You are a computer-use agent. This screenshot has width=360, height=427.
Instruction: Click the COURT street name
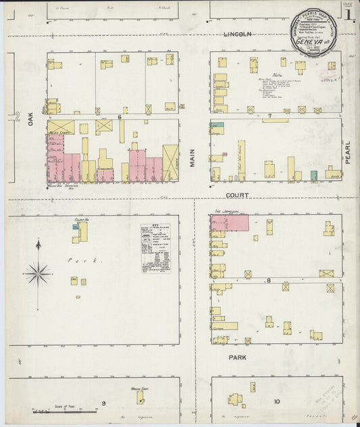click(x=237, y=195)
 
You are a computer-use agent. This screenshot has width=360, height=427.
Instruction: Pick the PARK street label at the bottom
click(x=237, y=356)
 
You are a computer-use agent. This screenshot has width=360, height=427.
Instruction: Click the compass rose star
click(x=38, y=274)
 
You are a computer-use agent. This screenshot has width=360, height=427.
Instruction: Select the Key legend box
click(x=155, y=248)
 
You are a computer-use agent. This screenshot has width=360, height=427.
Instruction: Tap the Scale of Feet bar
click(x=51, y=409)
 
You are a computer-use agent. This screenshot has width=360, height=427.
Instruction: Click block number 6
click(x=119, y=116)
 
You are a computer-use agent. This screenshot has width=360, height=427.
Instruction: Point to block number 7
click(x=269, y=116)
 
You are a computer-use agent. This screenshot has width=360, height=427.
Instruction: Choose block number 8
click(x=268, y=280)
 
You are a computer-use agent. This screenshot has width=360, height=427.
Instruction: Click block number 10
click(x=276, y=401)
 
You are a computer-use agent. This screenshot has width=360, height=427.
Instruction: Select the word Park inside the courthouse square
click(x=76, y=260)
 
